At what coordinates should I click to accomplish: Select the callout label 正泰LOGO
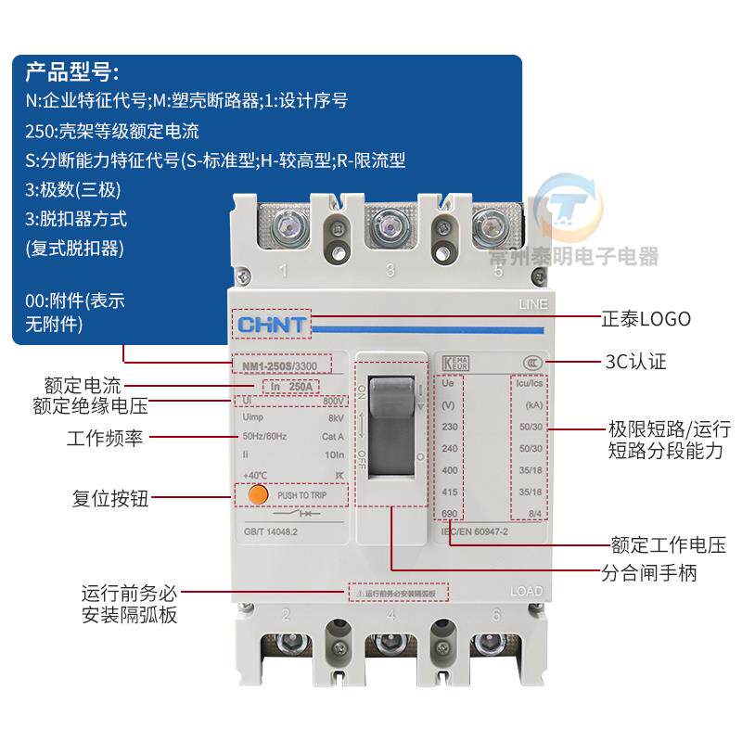pyautogui.click(x=646, y=319)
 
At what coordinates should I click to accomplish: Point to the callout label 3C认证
pyautogui.click(x=635, y=362)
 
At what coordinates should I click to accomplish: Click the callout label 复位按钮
pyautogui.click(x=110, y=499)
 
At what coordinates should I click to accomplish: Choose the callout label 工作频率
pyautogui.click(x=105, y=438)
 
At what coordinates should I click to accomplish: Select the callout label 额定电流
pyautogui.click(x=83, y=386)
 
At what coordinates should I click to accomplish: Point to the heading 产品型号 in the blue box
pyautogui.click(x=71, y=71)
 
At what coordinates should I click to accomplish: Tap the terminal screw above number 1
pyautogui.click(x=284, y=225)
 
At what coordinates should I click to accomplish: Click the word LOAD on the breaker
pyautogui.click(x=527, y=592)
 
